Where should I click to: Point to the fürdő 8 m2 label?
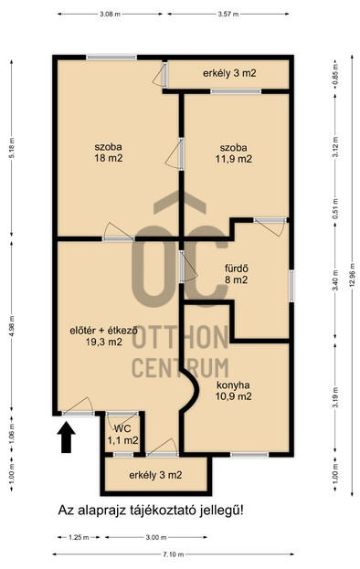237,274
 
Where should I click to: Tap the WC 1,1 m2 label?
122,435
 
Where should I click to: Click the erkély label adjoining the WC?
155,475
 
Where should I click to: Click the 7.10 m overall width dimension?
173,554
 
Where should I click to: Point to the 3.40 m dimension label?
335,282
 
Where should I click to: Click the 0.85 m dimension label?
335,73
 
